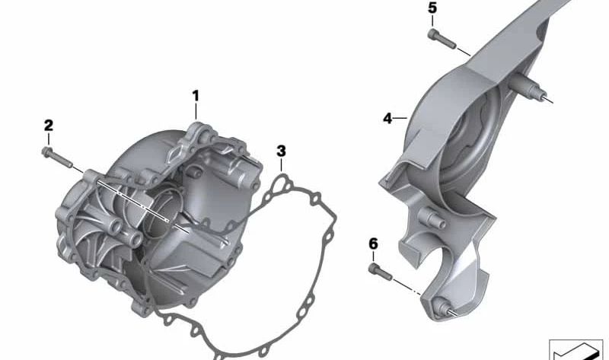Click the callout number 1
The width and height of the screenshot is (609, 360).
click(195, 96)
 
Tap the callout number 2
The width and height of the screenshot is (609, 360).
click(48, 125)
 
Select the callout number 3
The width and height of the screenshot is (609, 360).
click(281, 150)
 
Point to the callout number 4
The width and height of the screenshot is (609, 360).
click(387, 119)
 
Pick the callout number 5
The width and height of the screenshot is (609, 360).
click(432, 8)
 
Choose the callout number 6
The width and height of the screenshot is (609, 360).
click(373, 244)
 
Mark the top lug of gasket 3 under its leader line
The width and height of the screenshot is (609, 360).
click(282, 180)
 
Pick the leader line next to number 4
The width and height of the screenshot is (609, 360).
click(399, 119)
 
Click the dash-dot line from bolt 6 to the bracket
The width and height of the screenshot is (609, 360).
click(411, 288)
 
